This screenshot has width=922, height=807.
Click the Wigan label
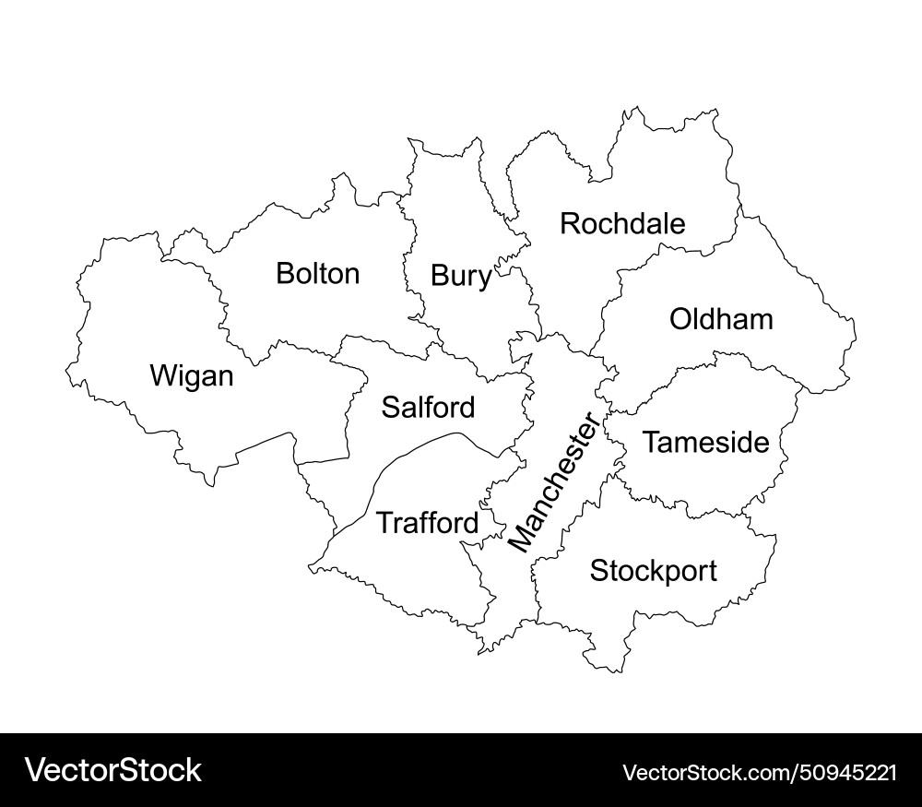pos(192,376)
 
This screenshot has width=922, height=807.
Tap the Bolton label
pos(317,274)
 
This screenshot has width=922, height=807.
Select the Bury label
pos(461,276)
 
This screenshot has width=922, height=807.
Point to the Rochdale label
pos(623,223)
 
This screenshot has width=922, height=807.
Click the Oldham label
pos(721,320)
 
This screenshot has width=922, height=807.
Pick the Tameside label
pos(705,443)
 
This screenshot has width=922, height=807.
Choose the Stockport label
pos(653,571)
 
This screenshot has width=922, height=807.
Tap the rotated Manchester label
pos(553,484)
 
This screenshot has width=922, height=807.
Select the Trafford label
pos(428,524)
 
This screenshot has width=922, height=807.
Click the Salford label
pos(429,407)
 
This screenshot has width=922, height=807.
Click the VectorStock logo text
pos(113,770)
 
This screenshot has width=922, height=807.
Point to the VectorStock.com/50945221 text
pos(760,772)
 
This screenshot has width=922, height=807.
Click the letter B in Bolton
pos(285,274)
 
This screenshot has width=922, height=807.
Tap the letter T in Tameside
pos(651,443)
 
